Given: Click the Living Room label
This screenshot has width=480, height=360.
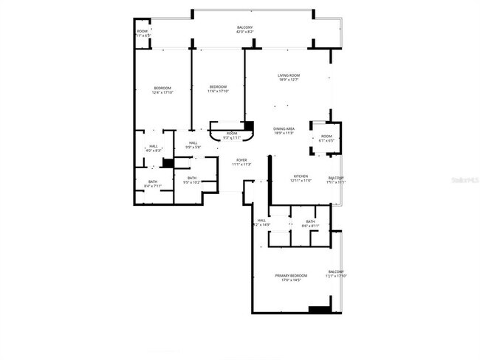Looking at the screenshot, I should [x=288, y=75].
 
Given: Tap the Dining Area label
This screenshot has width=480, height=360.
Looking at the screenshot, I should [x=284, y=128].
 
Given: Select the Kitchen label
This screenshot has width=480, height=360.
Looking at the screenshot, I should [x=301, y=176].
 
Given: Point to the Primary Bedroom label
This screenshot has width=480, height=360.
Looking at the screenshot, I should [x=291, y=276].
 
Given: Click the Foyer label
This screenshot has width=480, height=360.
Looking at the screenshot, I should [x=241, y=160].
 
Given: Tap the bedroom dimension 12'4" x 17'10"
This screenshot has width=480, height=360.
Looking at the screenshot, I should [x=162, y=92].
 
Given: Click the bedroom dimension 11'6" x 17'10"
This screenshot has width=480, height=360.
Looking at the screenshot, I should [x=217, y=91].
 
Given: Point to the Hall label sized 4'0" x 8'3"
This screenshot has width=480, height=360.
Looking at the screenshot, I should [x=153, y=146].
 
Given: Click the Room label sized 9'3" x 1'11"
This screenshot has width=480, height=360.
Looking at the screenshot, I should [x=232, y=133].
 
